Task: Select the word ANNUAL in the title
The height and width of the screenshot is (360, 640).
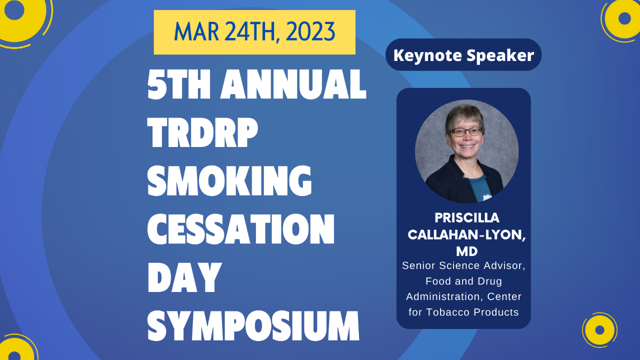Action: [x=293, y=84]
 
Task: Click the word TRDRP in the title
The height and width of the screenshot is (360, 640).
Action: [x=202, y=133]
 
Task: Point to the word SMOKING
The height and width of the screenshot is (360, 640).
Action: [x=229, y=181]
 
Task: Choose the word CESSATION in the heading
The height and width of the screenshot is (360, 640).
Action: [x=241, y=229]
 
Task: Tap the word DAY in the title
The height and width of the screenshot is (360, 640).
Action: [x=184, y=278]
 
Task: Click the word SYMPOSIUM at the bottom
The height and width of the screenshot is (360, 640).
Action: [x=253, y=326]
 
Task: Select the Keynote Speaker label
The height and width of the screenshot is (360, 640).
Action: [x=463, y=55]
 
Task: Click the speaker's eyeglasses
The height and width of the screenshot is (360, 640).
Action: [x=466, y=131]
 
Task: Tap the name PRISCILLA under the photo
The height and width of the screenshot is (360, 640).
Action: [x=467, y=218]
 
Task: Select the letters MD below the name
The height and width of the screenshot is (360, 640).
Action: [x=467, y=251]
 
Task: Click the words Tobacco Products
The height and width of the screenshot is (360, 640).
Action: [x=472, y=312]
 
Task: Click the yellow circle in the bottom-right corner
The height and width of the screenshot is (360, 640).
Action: [x=599, y=330]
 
